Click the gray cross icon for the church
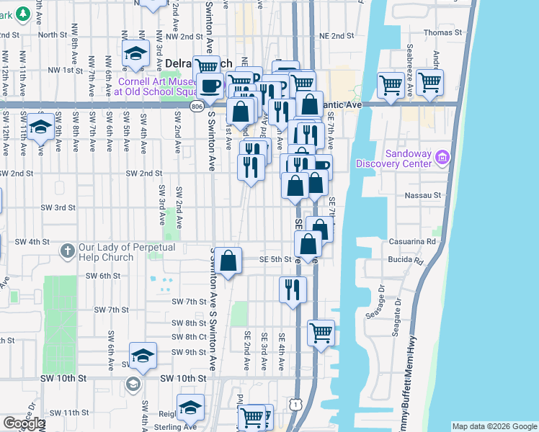[67, 251]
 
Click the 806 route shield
[197, 106]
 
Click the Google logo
[23, 423]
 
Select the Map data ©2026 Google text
[494, 426]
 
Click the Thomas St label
[442, 32]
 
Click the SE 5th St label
[275, 259]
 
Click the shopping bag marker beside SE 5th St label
[228, 261]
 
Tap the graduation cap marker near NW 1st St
[134, 53]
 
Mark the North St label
[53, 35]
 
